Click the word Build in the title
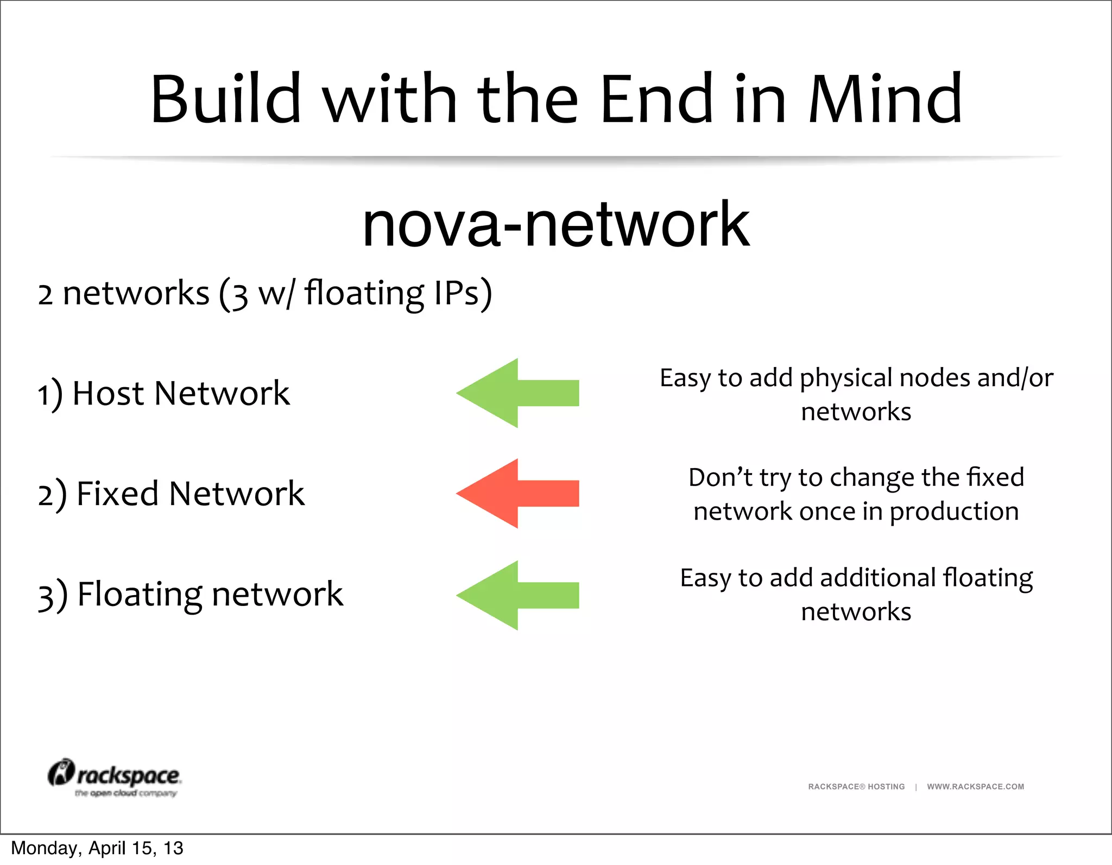[x=225, y=99]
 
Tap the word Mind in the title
[x=885, y=99]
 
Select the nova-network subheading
[x=556, y=224]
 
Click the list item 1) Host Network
[x=163, y=393]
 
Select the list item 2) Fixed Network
[x=171, y=494]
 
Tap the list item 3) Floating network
[x=190, y=594]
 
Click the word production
[x=953, y=512]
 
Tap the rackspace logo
[x=115, y=777]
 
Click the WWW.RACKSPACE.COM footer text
[x=975, y=786]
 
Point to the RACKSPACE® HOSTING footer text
[x=856, y=786]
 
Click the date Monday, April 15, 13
[x=97, y=848]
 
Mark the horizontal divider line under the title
[x=556, y=157]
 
